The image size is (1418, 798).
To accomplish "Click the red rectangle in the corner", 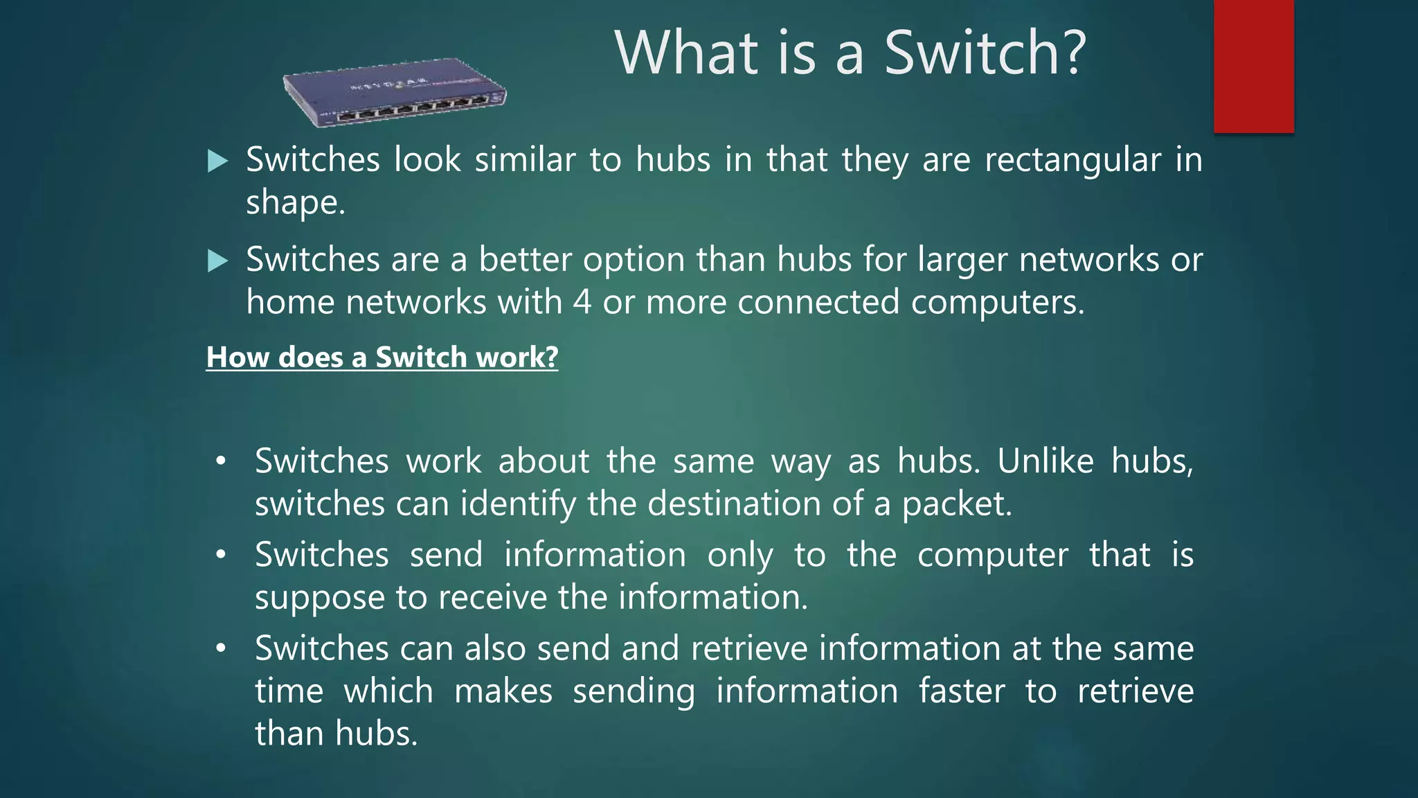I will (1253, 66).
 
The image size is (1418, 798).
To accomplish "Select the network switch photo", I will (395, 93).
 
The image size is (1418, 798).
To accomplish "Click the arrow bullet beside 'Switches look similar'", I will (217, 161).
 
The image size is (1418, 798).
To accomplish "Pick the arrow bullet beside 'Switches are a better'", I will (217, 261).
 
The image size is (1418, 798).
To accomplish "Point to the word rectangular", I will (1072, 161).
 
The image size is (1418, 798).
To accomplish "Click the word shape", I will (295, 204).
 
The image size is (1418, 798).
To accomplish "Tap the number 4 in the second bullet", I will (582, 303).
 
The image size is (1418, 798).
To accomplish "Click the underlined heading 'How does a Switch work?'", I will (382, 357).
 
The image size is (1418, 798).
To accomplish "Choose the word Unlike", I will (1045, 461).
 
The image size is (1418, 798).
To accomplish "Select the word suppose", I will (319, 598).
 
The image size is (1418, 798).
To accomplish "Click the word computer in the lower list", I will (992, 556).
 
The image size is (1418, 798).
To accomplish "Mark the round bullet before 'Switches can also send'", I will (221, 648).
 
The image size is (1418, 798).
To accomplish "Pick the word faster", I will (962, 691).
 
